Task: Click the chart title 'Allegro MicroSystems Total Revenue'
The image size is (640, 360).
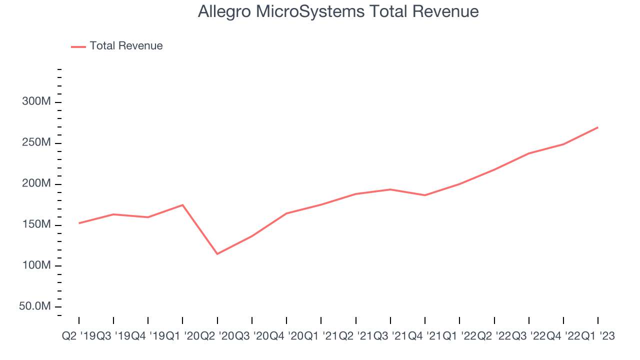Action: tap(338, 11)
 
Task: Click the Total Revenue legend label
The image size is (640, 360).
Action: tap(126, 46)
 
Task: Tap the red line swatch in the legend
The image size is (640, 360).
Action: tap(78, 46)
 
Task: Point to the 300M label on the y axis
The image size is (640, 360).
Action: tap(36, 102)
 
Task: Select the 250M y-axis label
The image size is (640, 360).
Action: tap(36, 143)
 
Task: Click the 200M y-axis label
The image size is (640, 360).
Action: tap(36, 184)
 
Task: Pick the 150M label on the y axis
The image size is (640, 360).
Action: tap(36, 225)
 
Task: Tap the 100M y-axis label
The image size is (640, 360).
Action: tap(36, 265)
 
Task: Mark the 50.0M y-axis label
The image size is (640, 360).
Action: tap(34, 306)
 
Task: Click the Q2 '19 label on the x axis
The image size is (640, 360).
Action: tap(78, 336)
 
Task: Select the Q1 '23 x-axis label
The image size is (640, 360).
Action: tap(598, 336)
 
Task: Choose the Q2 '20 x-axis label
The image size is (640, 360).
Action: tap(217, 336)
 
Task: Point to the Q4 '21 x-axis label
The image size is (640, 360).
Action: tap(425, 336)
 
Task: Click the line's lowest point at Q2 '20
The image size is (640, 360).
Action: tap(217, 254)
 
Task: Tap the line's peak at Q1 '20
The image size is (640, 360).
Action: tap(182, 205)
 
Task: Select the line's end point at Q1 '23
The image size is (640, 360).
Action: tap(598, 127)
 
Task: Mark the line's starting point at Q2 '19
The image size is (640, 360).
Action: tap(79, 223)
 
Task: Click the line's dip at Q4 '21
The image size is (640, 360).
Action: tap(425, 195)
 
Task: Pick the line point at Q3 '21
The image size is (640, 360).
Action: tap(390, 189)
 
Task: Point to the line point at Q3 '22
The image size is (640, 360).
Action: tap(528, 153)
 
